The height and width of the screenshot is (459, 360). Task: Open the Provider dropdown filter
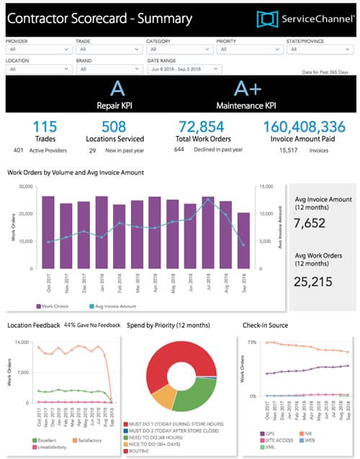pyautogui.click(x=38, y=50)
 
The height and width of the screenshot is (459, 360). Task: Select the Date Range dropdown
pyautogui.click(x=184, y=69)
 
